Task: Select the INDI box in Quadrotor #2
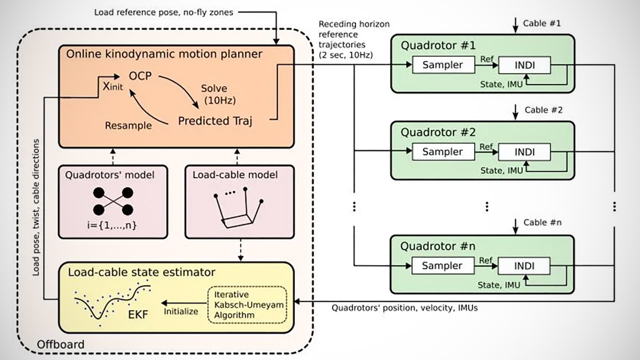coord(524,151)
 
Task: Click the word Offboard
coord(61,344)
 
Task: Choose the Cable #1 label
coord(542,23)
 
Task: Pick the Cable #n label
coord(542,222)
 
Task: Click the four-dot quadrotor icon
coord(113,201)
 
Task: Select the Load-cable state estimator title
coord(142,272)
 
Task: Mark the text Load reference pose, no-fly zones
coord(163,11)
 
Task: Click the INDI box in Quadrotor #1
coord(524,64)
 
